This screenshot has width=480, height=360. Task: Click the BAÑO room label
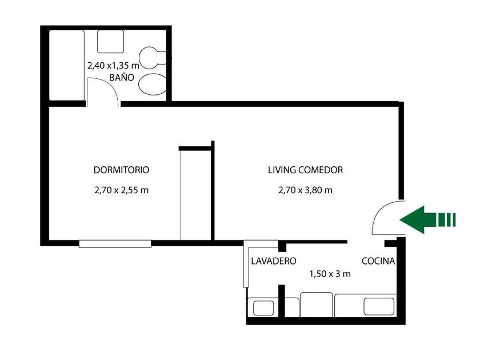[122, 78]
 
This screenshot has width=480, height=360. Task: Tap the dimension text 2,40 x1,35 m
[113, 66]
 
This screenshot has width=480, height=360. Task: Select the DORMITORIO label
[121, 170]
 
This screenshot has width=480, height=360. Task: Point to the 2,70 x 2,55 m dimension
[121, 190]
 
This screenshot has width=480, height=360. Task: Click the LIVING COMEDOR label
[305, 170]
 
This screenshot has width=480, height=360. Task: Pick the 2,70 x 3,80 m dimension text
[305, 190]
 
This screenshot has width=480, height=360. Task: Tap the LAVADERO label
[274, 261]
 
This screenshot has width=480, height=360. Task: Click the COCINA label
[378, 261]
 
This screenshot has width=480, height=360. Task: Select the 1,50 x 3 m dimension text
[330, 274]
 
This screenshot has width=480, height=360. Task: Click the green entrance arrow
[427, 219]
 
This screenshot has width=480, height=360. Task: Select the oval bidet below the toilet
[153, 84]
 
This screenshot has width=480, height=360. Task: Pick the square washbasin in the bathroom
[110, 42]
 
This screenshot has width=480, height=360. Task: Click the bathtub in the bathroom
[67, 65]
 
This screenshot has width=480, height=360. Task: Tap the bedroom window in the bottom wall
[115, 244]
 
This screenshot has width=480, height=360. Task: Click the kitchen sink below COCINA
[379, 307]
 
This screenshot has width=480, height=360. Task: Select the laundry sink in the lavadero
[263, 308]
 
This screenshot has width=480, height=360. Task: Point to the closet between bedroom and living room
[195, 195]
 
